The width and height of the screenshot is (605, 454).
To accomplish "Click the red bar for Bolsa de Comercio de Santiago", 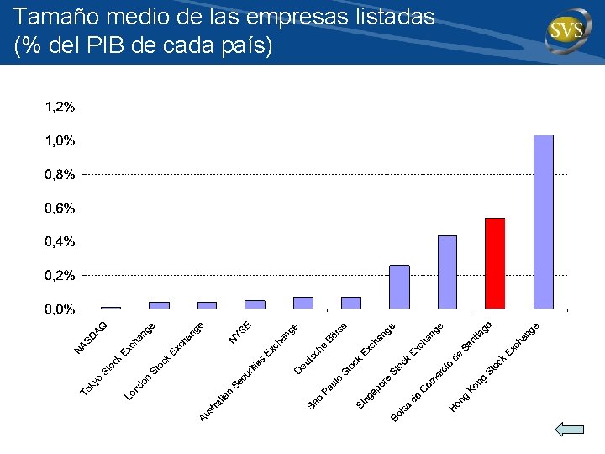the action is click(x=495, y=264).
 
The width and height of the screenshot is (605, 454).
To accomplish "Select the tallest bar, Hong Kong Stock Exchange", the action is click(x=544, y=222).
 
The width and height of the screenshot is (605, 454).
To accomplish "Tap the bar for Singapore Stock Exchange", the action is click(x=448, y=272).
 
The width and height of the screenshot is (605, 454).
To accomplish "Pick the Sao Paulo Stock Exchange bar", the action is click(x=399, y=288).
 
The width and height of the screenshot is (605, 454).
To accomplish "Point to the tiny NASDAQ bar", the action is click(x=111, y=308).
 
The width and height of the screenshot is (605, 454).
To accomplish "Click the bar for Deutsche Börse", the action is click(x=351, y=303).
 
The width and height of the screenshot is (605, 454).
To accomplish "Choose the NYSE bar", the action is click(x=255, y=304).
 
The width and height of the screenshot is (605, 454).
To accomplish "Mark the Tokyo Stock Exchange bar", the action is click(x=159, y=305).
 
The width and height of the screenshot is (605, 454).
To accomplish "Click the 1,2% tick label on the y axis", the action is click(x=60, y=107).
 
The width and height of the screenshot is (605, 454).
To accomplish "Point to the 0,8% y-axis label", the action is click(x=60, y=175).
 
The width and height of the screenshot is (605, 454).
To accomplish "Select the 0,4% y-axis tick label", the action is click(x=60, y=241).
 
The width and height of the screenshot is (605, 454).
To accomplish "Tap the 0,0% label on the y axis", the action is click(x=60, y=309).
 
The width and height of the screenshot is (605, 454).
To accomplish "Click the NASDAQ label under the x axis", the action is click(x=90, y=338).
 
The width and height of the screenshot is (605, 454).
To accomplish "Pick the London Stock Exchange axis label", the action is click(x=164, y=361).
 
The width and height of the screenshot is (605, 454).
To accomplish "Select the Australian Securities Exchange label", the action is click(x=249, y=373).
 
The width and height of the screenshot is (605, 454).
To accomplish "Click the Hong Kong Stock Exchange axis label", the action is click(x=493, y=367).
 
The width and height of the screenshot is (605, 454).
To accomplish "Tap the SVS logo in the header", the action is click(x=568, y=30).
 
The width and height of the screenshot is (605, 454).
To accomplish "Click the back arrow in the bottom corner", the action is click(x=570, y=430).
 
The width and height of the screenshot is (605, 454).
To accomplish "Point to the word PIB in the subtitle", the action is click(x=105, y=45).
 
